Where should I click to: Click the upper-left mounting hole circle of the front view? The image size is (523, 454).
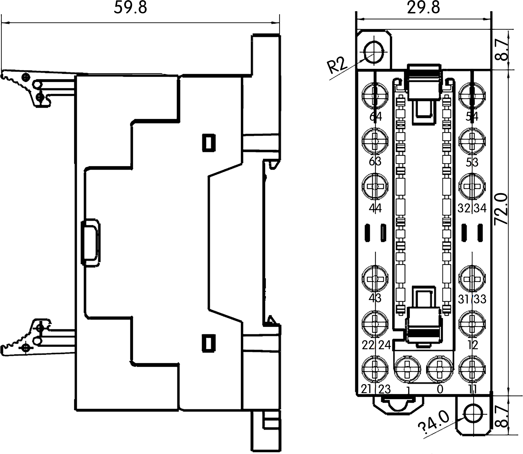pyautogui.click(x=374, y=52)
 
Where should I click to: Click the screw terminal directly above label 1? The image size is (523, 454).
pyautogui.click(x=407, y=369)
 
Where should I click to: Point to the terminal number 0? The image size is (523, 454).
pyautogui.click(x=440, y=389)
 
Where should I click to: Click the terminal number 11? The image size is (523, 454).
pyautogui.click(x=473, y=389)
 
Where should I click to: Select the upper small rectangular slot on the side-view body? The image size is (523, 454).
pyautogui.click(x=209, y=143)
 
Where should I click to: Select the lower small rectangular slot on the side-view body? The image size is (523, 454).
pyautogui.click(x=209, y=343)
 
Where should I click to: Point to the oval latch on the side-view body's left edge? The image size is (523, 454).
pyautogui.click(x=90, y=243)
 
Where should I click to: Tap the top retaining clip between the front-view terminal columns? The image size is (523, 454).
pyautogui.click(x=424, y=81)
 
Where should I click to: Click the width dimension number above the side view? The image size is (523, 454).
pyautogui.click(x=130, y=7)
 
